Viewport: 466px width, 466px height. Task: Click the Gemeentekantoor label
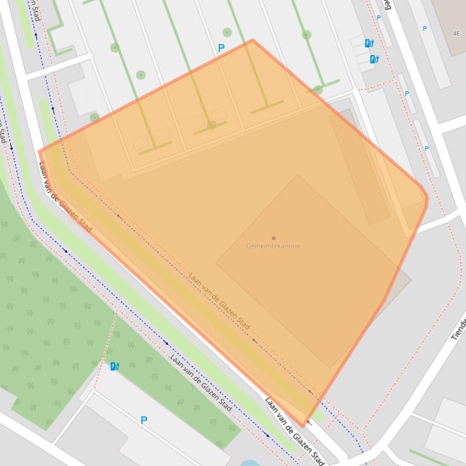click(x=273, y=246)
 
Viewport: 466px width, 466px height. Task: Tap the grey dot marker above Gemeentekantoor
click(x=274, y=238)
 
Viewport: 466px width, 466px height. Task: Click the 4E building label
click(x=456, y=34)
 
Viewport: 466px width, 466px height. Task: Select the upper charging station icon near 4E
click(x=369, y=43)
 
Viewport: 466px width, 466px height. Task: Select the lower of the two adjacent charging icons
click(x=374, y=59)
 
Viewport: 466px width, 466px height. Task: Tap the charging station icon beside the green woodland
click(x=114, y=366)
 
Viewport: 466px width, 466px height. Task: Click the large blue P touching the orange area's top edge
click(x=221, y=48)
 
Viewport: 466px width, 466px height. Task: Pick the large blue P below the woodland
click(x=143, y=420)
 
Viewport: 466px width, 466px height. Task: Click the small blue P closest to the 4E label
click(x=424, y=28)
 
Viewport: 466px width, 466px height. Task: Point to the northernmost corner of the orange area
click(x=252, y=40)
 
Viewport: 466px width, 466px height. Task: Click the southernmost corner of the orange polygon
click(x=303, y=426)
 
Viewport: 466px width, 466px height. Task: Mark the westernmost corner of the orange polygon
click(x=39, y=151)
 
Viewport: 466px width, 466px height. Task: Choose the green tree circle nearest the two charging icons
click(x=307, y=35)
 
